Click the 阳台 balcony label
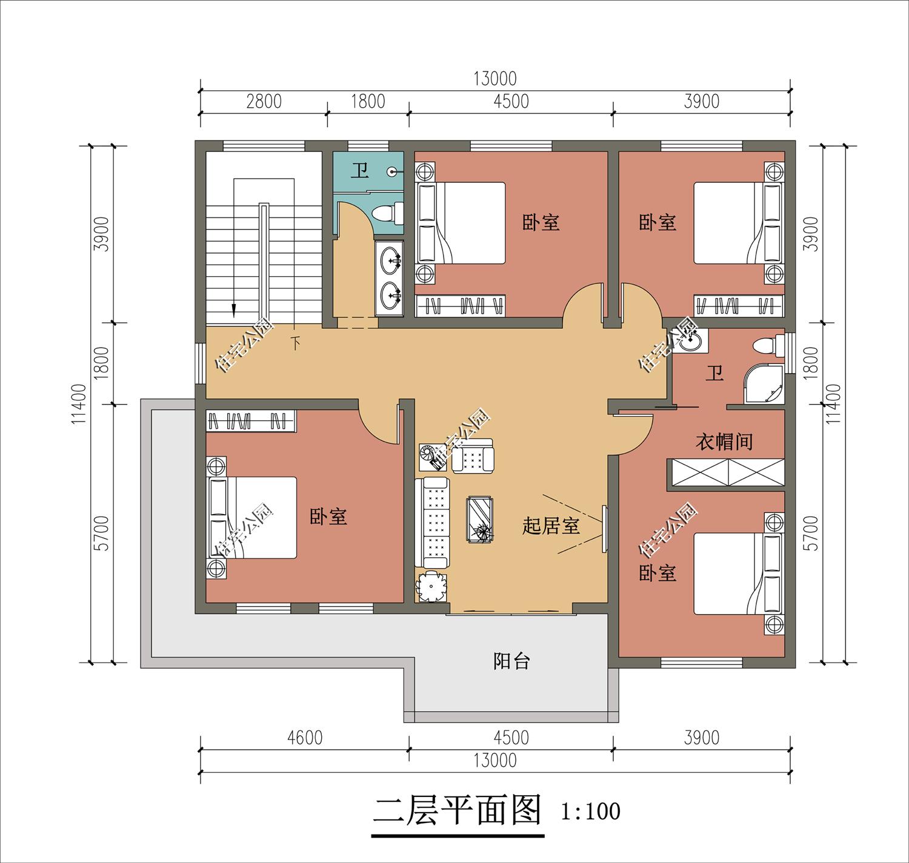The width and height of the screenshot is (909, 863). (x=511, y=661)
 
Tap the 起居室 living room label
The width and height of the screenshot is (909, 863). (x=551, y=526)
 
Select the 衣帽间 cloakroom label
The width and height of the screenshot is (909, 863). (x=724, y=441)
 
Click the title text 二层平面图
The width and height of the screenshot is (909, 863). (x=456, y=811)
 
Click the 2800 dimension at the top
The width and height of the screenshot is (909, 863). (x=264, y=101)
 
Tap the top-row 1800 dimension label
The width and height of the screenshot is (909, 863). (x=368, y=101)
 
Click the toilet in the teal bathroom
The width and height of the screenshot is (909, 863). (x=387, y=213)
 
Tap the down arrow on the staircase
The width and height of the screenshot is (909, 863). (x=233, y=309)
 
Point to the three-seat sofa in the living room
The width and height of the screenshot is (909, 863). (x=432, y=522)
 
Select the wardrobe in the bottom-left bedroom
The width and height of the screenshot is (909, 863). (x=251, y=421)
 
